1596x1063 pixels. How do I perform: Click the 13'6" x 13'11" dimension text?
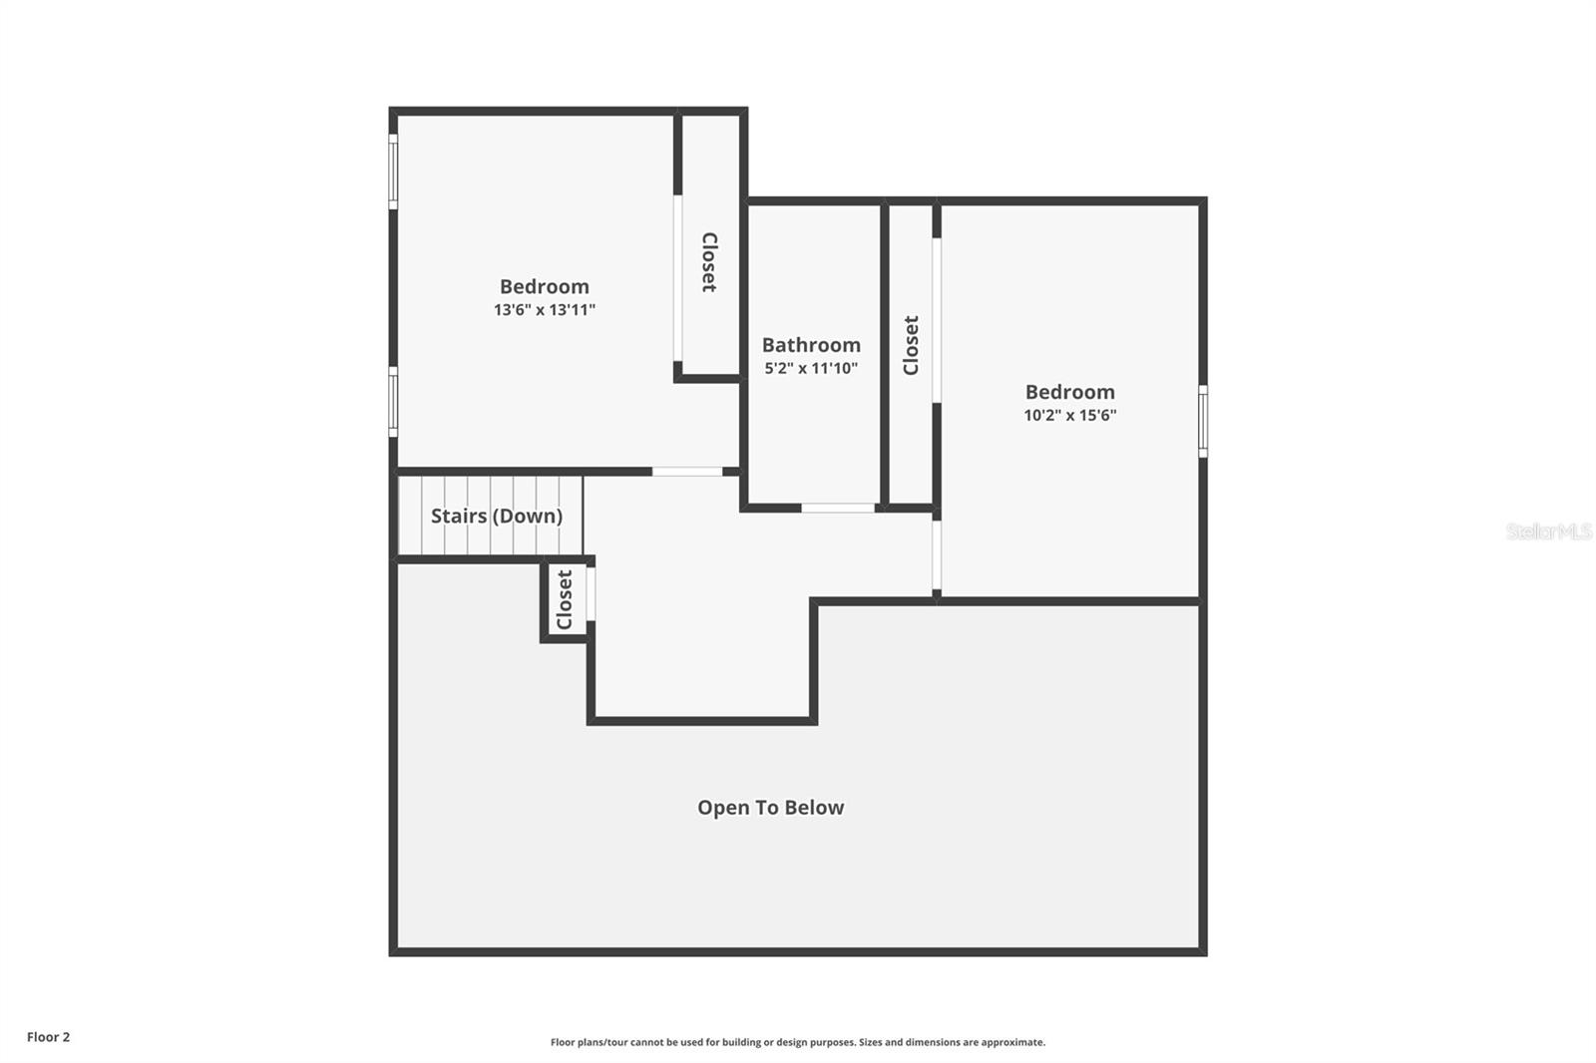[544, 310]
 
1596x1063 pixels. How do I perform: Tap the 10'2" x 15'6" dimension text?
[1069, 416]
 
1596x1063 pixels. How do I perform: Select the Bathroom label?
[811, 345]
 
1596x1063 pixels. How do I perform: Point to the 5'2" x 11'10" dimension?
[811, 369]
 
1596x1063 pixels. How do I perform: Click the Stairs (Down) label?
[496, 516]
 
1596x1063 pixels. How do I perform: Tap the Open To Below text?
[770, 808]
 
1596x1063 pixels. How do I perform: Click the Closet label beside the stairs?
[565, 599]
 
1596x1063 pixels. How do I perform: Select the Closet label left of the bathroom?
[709, 262]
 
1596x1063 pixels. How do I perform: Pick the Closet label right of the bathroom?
[911, 345]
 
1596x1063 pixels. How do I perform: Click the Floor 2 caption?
[48, 1037]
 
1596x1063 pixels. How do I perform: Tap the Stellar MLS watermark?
[1548, 531]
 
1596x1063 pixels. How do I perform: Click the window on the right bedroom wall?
[1202, 421]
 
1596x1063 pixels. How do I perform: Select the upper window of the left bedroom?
[393, 172]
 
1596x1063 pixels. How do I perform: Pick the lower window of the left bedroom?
[393, 401]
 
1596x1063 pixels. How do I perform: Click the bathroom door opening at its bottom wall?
[838, 509]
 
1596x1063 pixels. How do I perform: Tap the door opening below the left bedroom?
[687, 471]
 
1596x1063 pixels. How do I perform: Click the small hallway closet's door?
[591, 594]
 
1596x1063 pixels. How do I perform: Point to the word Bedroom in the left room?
[544, 287]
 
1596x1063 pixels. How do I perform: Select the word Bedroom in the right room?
[1069, 392]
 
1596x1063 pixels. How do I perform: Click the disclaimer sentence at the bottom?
[797, 1042]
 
